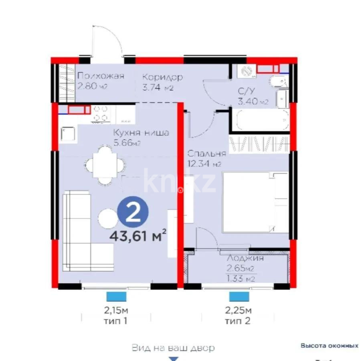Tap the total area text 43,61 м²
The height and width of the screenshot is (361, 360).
point(138,235)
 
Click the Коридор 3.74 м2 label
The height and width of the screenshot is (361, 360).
point(162,82)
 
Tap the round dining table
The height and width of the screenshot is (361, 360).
point(105,164)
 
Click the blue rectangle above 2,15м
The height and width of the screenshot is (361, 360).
point(116,296)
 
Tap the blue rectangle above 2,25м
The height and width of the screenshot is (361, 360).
point(239,296)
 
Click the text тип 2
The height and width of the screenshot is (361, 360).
point(238,321)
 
